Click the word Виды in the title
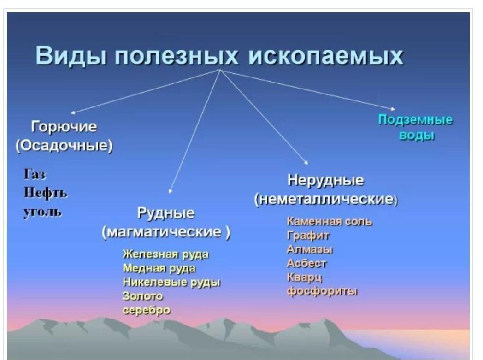coord(71,56)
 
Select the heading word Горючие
coord(64,127)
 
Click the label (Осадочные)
coord(65,145)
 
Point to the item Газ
coord(35,174)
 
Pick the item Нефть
coord(46,193)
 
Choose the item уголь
coord(43,212)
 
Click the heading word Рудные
coord(166,213)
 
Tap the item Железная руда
coord(166,254)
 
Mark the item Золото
coord(142,296)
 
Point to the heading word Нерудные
coord(325,181)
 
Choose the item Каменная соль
coord(330,221)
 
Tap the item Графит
coord(308,236)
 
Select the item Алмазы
coord(310,249)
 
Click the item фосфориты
coord(322,291)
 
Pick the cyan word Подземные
coord(415,120)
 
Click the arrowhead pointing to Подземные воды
coord(393,108)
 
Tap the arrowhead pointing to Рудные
coord(171,191)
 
